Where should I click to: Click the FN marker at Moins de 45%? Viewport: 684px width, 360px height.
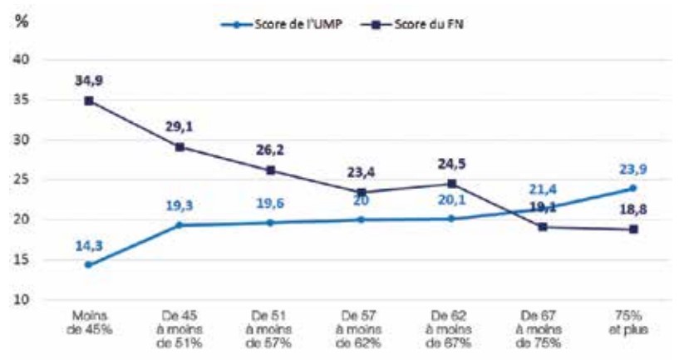point(89,101)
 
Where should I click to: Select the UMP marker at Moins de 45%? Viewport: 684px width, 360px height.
point(89,265)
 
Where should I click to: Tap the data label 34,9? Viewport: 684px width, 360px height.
point(88,81)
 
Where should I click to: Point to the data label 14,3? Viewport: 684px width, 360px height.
point(88,245)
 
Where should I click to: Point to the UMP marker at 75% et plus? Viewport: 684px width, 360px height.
point(633,188)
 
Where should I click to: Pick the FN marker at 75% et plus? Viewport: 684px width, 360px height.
point(633,229)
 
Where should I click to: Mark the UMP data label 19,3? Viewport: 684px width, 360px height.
point(180,205)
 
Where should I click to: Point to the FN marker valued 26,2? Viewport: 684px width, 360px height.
point(270,170)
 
